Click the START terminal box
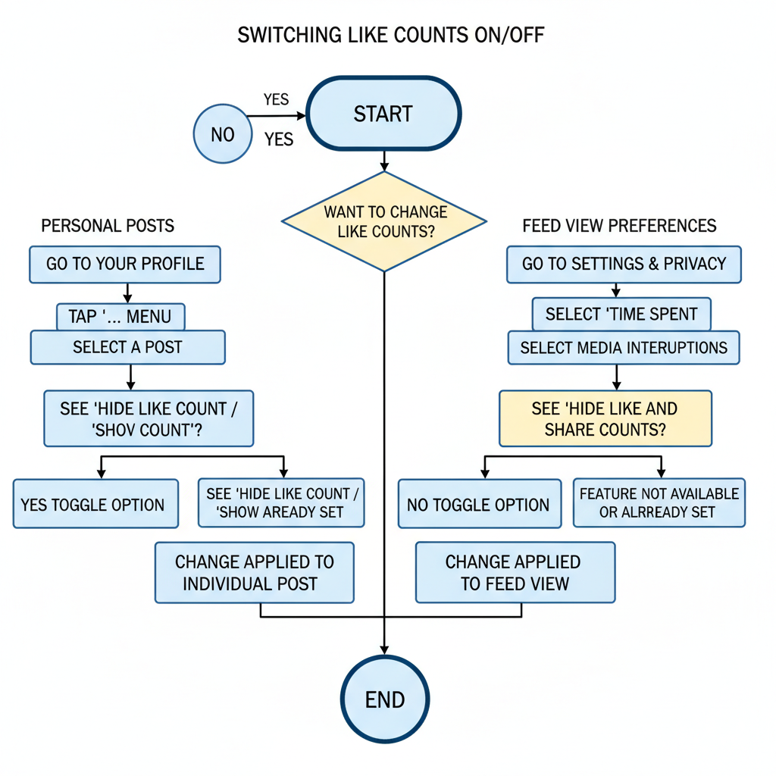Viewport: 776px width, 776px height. (x=383, y=114)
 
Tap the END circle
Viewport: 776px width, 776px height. (x=385, y=699)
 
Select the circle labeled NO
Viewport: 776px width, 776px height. (x=223, y=135)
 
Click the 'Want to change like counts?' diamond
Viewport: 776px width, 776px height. (x=384, y=221)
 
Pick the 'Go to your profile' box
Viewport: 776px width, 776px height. (x=125, y=264)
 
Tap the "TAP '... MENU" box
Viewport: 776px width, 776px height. (x=120, y=316)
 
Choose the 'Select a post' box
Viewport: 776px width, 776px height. (x=127, y=348)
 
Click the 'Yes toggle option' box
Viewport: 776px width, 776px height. (x=95, y=504)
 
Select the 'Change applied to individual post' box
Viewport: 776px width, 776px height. (x=255, y=573)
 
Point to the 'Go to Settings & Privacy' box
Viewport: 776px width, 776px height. (x=624, y=264)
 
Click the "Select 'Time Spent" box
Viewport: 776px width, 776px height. (x=621, y=314)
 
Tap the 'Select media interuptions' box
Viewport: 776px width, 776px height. (x=623, y=348)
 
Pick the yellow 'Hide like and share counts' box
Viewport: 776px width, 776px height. (x=605, y=418)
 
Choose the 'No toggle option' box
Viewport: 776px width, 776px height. (x=479, y=504)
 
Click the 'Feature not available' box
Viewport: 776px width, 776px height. (x=659, y=502)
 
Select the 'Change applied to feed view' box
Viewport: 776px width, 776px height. (x=515, y=573)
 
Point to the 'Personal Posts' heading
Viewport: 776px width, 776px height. (x=108, y=226)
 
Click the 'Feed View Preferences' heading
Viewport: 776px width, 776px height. (x=619, y=226)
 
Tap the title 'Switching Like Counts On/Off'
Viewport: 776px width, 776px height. (x=390, y=36)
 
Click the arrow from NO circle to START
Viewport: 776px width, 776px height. (x=277, y=116)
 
